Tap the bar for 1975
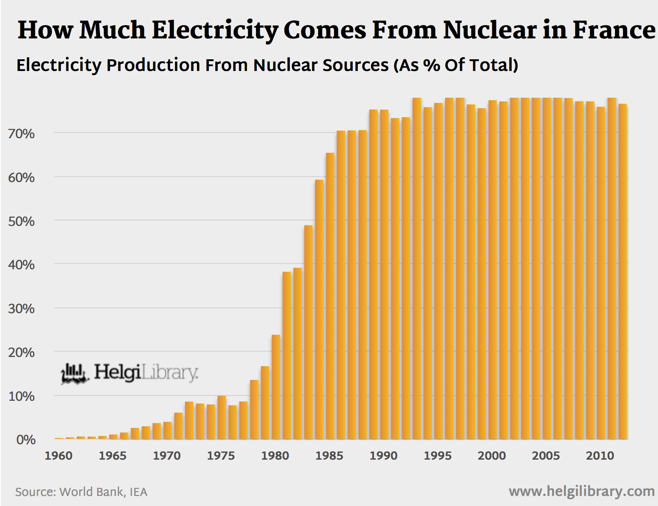point(221,417)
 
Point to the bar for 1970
point(167,430)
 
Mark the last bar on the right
point(623,271)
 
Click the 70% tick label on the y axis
point(21,134)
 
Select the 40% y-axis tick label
point(21,265)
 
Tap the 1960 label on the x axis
point(58,455)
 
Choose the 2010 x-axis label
point(600,455)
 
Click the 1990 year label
point(383,455)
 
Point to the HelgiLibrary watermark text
point(146,372)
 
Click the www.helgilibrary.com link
point(581,491)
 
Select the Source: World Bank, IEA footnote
point(81,492)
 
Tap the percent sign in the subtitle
point(431,65)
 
